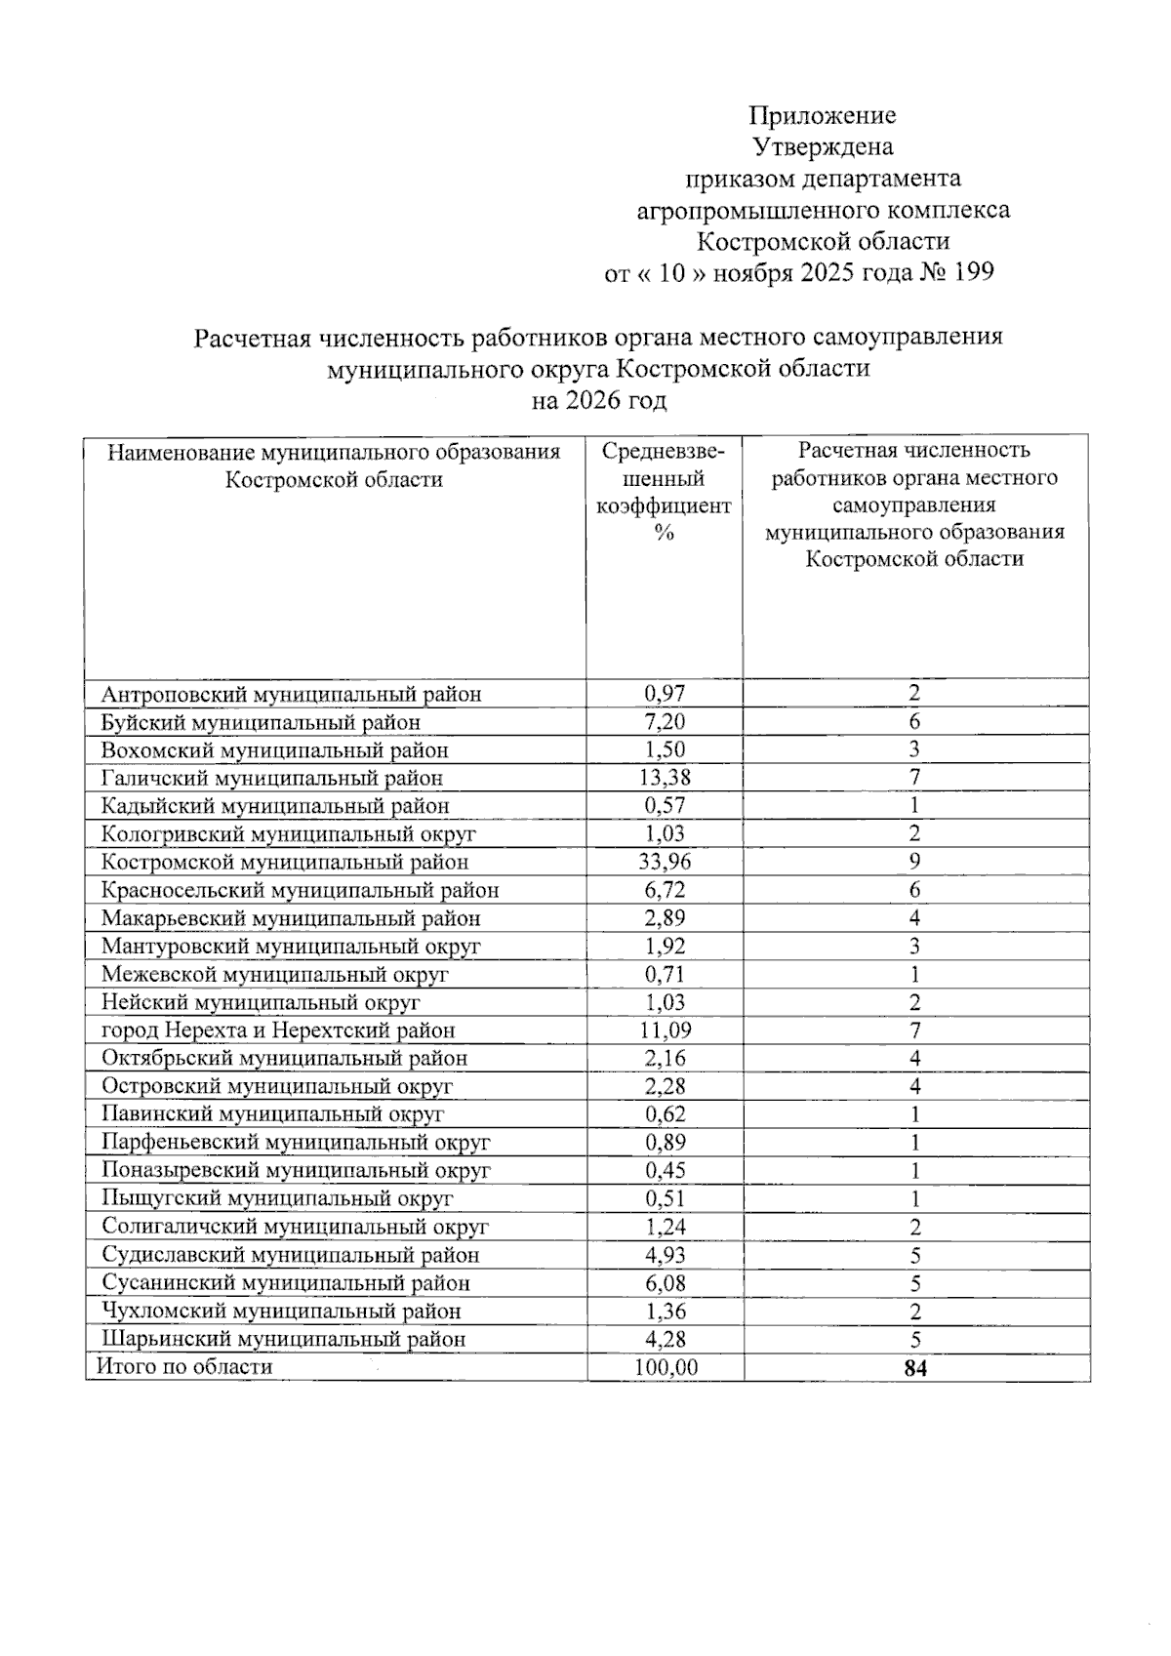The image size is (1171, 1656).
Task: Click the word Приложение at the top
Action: pyautogui.click(x=822, y=116)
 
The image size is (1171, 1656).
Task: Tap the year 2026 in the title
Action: pyautogui.click(x=589, y=401)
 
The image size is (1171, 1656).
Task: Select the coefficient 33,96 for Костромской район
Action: pyautogui.click(x=664, y=862)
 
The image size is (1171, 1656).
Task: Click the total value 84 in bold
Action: pyautogui.click(x=915, y=1368)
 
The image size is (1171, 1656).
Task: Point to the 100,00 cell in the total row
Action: pyautogui.click(x=666, y=1367)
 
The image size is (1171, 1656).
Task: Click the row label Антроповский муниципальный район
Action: pyautogui.click(x=291, y=695)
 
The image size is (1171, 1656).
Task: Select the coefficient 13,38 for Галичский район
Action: pyautogui.click(x=664, y=778)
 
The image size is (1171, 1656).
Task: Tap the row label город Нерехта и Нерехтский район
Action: pyautogui.click(x=278, y=1030)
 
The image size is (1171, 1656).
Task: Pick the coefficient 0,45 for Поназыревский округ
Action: pyautogui.click(x=665, y=1170)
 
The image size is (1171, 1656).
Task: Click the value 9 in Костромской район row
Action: pyautogui.click(x=914, y=862)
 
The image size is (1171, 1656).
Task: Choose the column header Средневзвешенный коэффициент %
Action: pyautogui.click(x=664, y=492)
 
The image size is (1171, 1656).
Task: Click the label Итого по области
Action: pyautogui.click(x=183, y=1366)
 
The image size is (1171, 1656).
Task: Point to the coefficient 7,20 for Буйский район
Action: pyautogui.click(x=665, y=722)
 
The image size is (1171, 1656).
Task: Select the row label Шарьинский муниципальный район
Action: pyautogui.click(x=283, y=1339)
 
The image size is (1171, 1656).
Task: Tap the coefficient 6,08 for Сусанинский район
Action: pyautogui.click(x=665, y=1283)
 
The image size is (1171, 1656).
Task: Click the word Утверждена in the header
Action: pyautogui.click(x=823, y=147)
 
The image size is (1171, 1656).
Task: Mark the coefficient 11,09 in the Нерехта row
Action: pyautogui.click(x=665, y=1030)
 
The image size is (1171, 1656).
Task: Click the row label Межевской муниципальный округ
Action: pyautogui.click(x=274, y=974)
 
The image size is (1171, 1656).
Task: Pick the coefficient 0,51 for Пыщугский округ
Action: pyautogui.click(x=665, y=1198)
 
